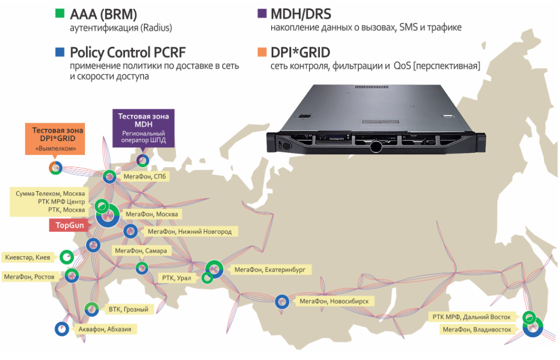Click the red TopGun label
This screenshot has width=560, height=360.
click(x=69, y=225)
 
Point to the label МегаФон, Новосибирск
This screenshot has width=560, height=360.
click(x=333, y=301)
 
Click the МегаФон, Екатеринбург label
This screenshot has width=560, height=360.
click(x=269, y=270)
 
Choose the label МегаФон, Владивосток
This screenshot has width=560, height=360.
click(x=476, y=329)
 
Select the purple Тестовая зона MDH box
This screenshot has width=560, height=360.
click(x=143, y=128)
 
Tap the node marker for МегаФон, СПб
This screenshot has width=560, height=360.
click(x=109, y=177)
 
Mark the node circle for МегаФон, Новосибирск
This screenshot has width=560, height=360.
click(x=282, y=302)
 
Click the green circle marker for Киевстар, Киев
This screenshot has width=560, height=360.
click(x=67, y=257)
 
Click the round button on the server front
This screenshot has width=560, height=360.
click(x=376, y=147)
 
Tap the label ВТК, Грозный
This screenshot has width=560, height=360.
click(x=128, y=309)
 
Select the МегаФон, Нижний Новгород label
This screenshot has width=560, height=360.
click(x=189, y=231)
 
